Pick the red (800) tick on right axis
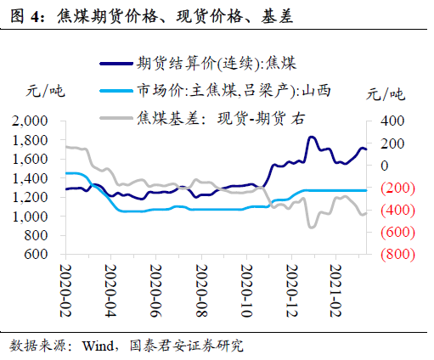[x=390, y=254]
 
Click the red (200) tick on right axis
[x=390, y=188]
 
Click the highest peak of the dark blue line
[x=312, y=137]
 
